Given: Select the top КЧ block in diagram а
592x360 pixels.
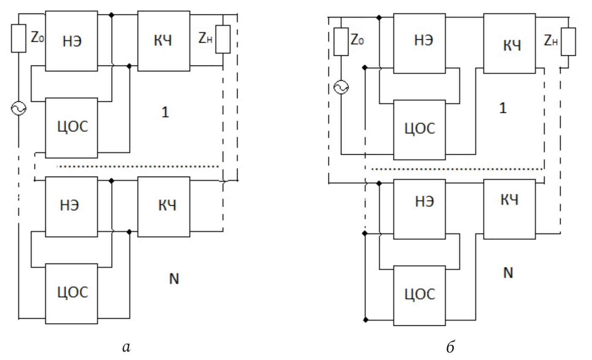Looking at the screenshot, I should tap(164, 41).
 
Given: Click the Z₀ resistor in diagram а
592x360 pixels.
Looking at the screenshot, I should tap(19, 38).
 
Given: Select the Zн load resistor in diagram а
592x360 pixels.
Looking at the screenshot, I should tap(223, 39).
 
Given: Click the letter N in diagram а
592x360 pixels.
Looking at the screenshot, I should tap(174, 279).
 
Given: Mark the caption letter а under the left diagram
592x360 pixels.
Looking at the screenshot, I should tap(125, 347).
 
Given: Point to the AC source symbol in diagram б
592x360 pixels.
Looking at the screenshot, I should tap(341, 88).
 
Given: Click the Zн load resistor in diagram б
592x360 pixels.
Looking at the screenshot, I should tap(568, 41).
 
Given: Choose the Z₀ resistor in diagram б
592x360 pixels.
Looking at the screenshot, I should tap(341, 41).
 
